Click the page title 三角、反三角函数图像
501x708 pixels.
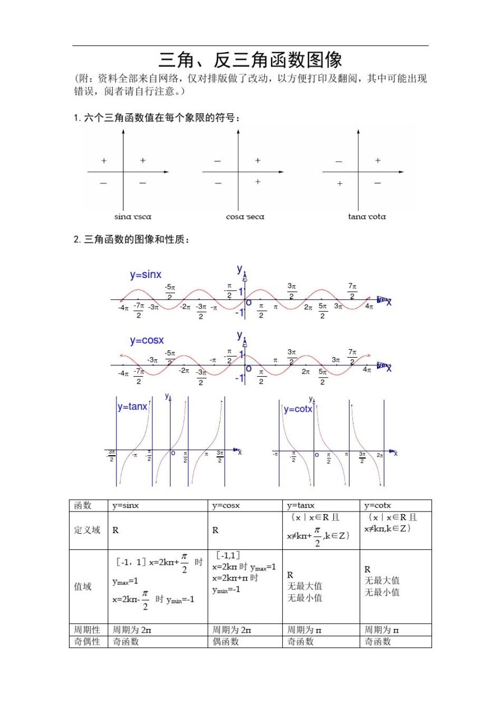coord(250,60)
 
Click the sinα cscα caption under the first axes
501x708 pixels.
coord(133,217)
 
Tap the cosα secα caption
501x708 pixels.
coord(245,217)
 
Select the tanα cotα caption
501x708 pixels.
coord(367,217)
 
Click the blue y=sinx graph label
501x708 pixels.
coord(146,274)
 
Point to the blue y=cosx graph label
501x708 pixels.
coord(147,340)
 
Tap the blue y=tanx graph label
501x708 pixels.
coord(132,407)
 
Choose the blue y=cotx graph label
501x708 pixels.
coord(298,409)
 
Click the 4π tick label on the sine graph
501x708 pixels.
coord(369,307)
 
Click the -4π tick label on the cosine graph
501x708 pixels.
coord(123,373)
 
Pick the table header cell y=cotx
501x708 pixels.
coord(378,506)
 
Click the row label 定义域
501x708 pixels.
coord(87,530)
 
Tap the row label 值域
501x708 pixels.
coord(83,586)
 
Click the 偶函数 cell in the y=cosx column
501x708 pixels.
coord(226,642)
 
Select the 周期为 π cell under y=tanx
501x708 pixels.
coord(304,630)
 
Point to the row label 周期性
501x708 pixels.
coord(87,630)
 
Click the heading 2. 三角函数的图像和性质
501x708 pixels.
coord(131,240)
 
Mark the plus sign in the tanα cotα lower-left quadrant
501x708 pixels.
coord(340,184)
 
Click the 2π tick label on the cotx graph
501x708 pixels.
coord(380,455)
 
